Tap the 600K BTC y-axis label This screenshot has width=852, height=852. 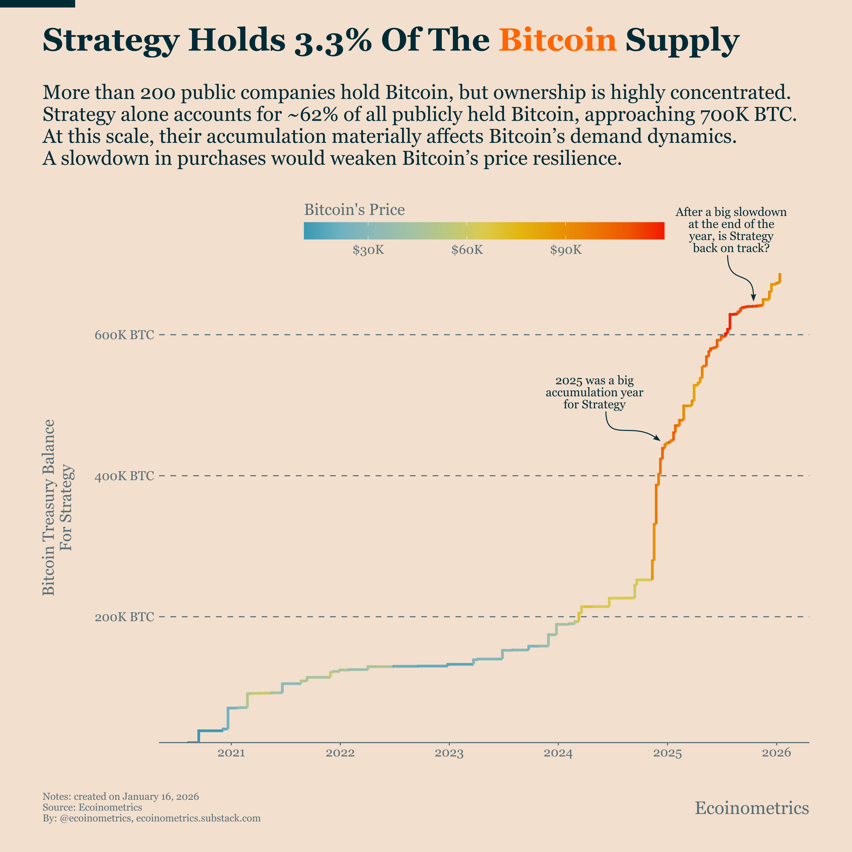124,335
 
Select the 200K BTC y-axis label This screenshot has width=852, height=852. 124,617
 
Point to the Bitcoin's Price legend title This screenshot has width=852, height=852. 354,210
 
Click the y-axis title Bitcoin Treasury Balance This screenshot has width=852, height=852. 49,507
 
